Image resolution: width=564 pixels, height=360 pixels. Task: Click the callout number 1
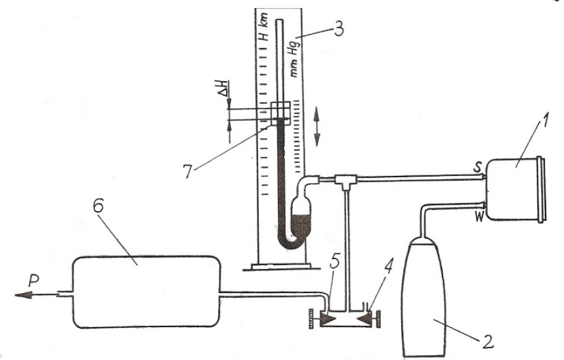click(542, 128)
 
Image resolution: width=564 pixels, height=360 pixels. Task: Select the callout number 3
click(339, 28)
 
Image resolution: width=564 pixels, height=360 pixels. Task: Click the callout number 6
click(98, 206)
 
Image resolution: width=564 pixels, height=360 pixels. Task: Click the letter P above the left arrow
click(33, 281)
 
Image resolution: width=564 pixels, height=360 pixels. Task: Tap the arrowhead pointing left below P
click(22, 295)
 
